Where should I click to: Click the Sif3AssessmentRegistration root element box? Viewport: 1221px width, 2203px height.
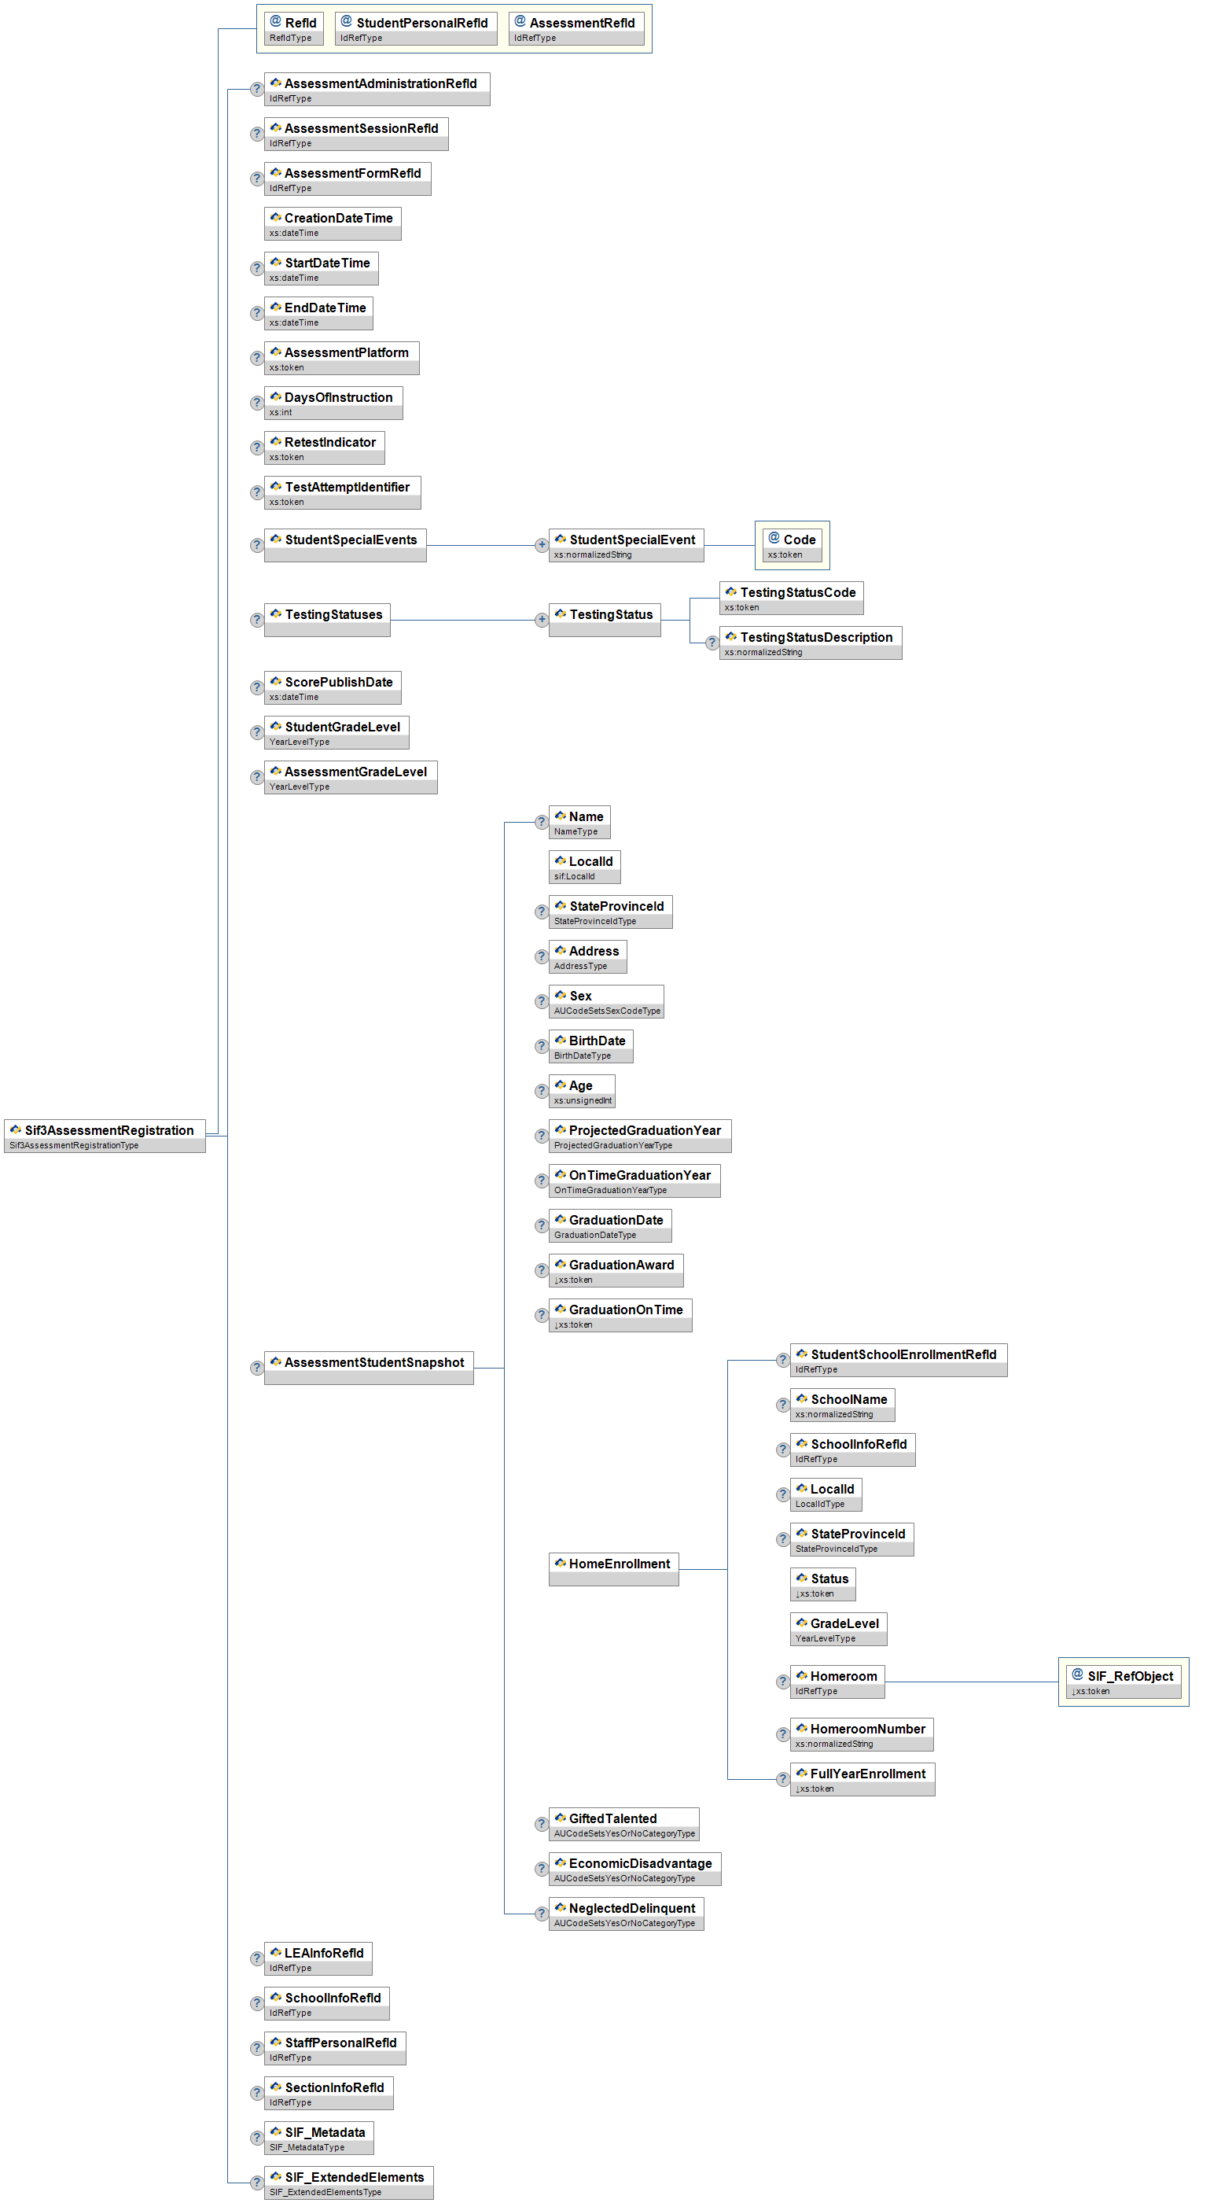click(105, 1136)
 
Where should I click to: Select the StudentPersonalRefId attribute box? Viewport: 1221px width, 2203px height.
click(416, 28)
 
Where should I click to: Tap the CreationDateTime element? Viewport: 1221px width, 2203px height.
click(333, 223)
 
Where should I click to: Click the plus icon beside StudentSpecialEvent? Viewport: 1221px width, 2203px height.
click(541, 545)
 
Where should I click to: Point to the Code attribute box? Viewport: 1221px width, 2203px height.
click(792, 545)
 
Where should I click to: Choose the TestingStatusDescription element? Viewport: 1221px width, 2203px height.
click(810, 643)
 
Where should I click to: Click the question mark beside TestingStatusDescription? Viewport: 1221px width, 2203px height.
click(712, 643)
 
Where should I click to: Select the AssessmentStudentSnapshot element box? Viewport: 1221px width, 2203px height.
click(369, 1368)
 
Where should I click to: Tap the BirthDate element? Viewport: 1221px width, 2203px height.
click(590, 1046)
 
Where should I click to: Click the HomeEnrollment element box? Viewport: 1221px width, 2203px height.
click(613, 1568)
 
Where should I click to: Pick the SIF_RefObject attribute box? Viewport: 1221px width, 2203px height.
click(1124, 1682)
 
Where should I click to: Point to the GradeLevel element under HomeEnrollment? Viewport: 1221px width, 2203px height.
click(838, 1628)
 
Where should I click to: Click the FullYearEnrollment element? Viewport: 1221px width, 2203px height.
click(862, 1779)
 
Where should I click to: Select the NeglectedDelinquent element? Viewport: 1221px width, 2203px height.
click(626, 1913)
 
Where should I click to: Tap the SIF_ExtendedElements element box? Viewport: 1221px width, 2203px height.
click(348, 2182)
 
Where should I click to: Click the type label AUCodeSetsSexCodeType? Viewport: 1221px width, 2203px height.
click(607, 1011)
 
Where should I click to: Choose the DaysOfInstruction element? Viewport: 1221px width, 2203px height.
click(333, 403)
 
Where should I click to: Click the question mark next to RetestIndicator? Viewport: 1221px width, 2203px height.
click(256, 448)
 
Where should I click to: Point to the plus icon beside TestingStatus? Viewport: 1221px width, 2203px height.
click(541, 619)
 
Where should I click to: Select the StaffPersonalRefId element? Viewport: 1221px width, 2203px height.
click(335, 2047)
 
